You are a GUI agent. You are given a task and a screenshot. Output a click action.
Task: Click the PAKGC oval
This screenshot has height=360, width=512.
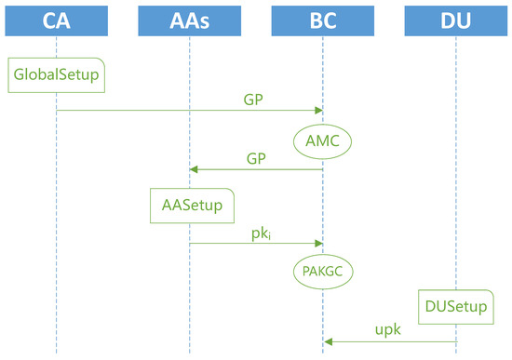322,273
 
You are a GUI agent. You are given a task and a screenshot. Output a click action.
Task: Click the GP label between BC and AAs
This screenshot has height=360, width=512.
255,158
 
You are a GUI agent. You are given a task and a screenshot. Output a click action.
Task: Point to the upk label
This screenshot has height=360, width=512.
389,330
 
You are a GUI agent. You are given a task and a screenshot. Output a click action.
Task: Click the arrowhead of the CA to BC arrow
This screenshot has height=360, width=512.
318,111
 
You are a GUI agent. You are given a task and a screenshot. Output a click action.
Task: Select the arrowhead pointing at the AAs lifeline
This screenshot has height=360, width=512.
194,169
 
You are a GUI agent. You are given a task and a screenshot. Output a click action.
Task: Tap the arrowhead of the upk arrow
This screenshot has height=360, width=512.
327,342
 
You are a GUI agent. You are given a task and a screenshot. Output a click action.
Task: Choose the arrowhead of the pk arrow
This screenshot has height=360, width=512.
318,243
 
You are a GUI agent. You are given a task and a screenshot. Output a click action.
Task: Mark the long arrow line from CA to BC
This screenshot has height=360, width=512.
186,111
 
